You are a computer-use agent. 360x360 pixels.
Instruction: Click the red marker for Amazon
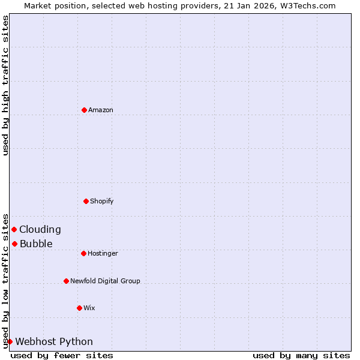tap(84, 110)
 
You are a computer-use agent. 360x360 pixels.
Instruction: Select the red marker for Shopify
tap(86, 201)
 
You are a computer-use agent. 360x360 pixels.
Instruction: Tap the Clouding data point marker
tap(14, 229)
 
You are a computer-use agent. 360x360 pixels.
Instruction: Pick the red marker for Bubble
tap(14, 244)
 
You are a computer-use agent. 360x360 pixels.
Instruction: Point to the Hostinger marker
tap(83, 253)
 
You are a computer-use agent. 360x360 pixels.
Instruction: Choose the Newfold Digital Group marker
tap(66, 281)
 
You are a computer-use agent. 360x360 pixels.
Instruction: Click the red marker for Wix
tap(79, 308)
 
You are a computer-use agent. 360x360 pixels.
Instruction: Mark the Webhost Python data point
tap(10, 341)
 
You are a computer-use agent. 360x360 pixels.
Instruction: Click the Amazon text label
tap(101, 110)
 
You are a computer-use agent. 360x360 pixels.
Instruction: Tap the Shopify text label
tap(102, 202)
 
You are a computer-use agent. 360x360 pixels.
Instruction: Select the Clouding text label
tap(40, 229)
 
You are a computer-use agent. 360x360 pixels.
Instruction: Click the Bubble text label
tap(36, 244)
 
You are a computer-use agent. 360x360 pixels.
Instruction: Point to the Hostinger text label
tap(103, 254)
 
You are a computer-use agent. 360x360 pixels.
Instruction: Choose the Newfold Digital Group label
tap(105, 281)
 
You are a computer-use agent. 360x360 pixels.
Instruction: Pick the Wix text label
tap(89, 308)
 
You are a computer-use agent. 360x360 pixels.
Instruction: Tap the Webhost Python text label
tap(54, 342)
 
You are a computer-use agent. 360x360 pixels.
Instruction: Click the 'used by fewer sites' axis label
tap(62, 355)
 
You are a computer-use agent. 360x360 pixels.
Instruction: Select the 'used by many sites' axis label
tap(301, 355)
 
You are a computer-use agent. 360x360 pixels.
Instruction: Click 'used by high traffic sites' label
tap(5, 85)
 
